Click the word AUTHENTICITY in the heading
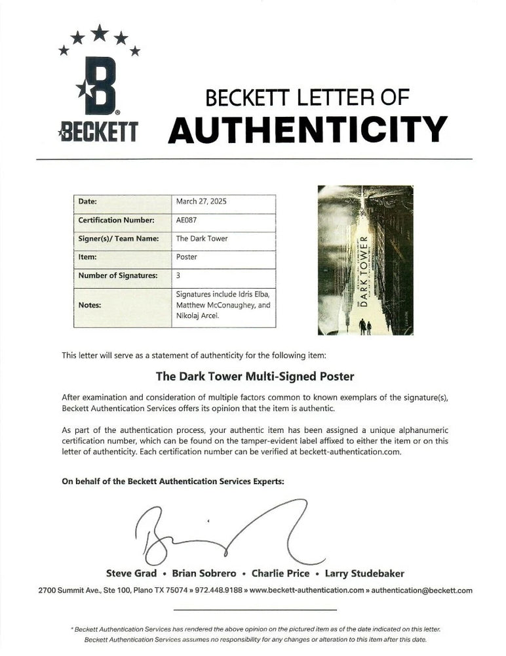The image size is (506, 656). (307, 129)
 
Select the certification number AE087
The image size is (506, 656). (187, 220)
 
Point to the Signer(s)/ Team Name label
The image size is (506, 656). (119, 239)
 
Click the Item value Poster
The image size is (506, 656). (187, 257)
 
